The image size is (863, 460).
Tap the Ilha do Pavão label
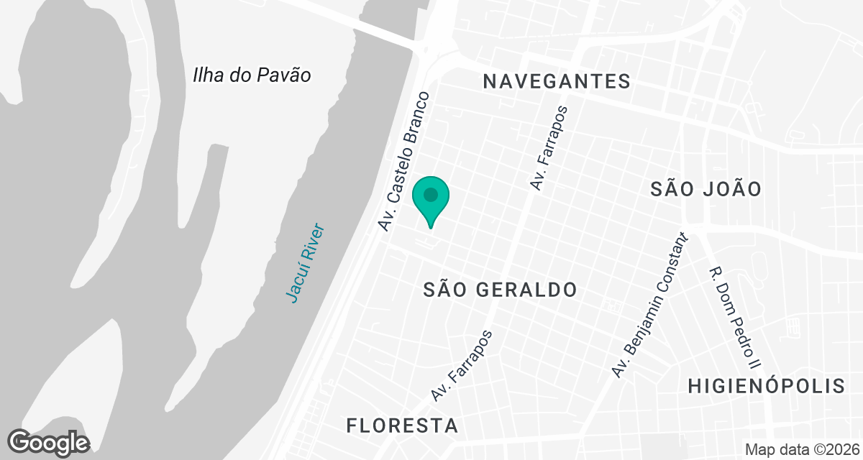(x=252, y=75)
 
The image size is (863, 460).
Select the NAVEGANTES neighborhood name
(x=557, y=81)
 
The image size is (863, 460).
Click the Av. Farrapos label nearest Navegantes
(x=549, y=149)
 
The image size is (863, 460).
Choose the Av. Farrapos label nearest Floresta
(x=462, y=365)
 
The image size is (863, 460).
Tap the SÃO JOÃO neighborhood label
(x=706, y=190)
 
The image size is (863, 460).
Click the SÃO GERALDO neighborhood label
(x=500, y=290)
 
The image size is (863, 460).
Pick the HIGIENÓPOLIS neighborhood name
(x=767, y=385)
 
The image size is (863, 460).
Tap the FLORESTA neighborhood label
(x=402, y=425)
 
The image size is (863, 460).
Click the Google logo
(x=49, y=442)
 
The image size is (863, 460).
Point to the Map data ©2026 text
(x=803, y=450)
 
